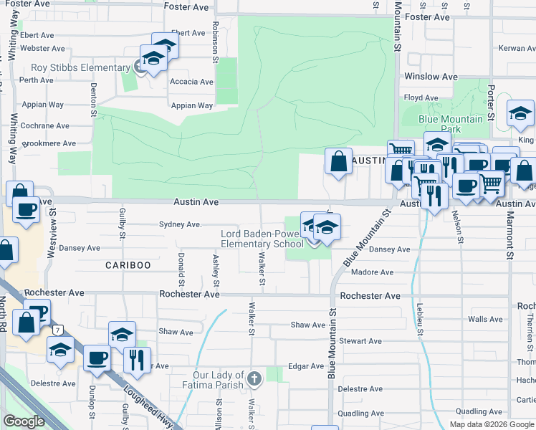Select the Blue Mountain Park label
pyautogui.click(x=451, y=124)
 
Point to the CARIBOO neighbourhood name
pyautogui.click(x=128, y=265)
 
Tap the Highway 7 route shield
pyautogui.click(x=57, y=329)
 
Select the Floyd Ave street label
pyautogui.click(x=422, y=97)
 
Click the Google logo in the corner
pyautogui.click(x=24, y=421)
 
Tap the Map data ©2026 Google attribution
pyautogui.click(x=492, y=424)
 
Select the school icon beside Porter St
pyautogui.click(x=520, y=113)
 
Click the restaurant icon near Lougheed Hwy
pyautogui.click(x=137, y=359)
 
